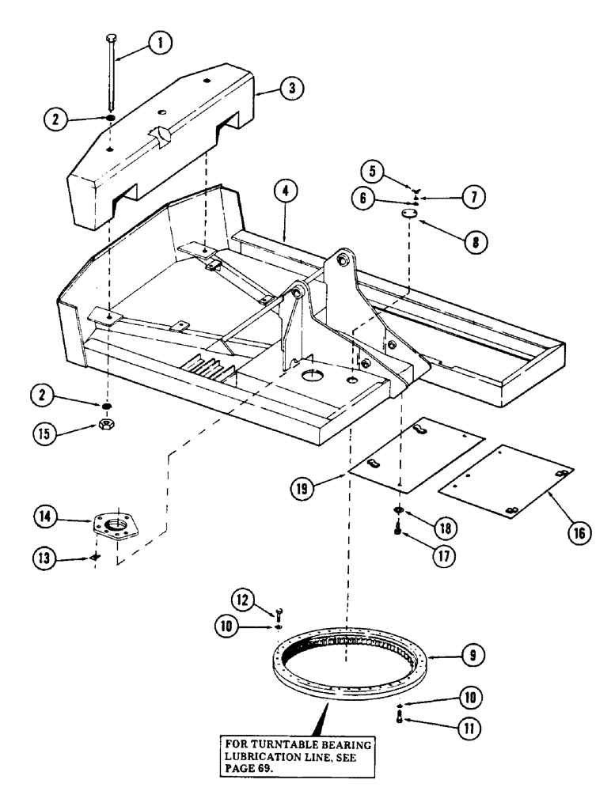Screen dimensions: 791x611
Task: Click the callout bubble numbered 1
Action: (x=161, y=45)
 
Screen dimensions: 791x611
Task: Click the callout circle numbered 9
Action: (x=472, y=655)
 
